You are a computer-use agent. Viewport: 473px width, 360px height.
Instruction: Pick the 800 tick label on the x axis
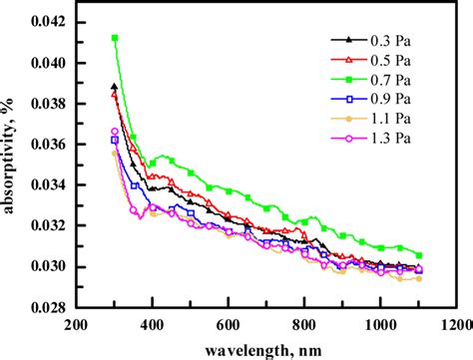304,325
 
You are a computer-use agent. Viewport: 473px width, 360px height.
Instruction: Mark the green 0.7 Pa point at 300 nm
115,38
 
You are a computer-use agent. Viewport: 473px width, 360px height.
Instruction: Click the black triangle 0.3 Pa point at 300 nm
115,87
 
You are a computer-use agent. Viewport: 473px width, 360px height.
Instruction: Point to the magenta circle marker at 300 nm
115,132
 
